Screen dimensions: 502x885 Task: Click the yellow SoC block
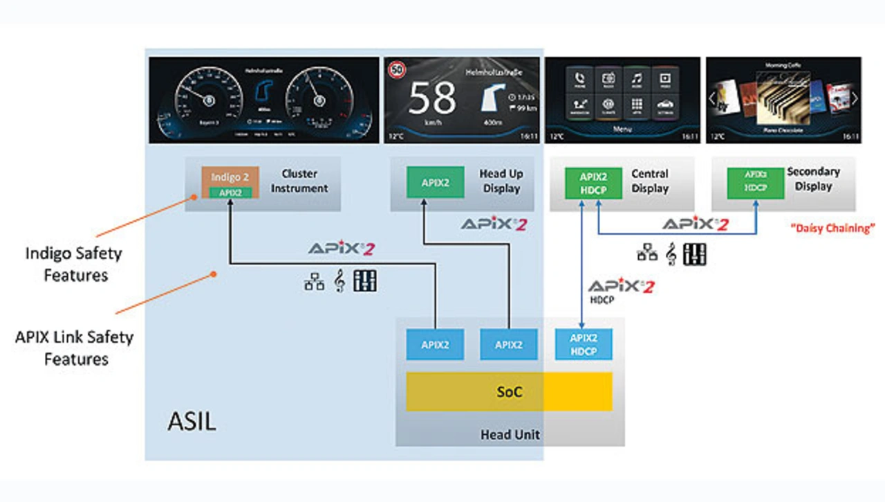pyautogui.click(x=509, y=392)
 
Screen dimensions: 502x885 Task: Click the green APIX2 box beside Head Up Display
pyautogui.click(x=436, y=183)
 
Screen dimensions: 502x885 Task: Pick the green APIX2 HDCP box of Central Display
pyautogui.click(x=593, y=183)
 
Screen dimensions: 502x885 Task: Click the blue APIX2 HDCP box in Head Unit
pyautogui.click(x=584, y=344)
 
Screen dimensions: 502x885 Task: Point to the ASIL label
pyautogui.click(x=192, y=422)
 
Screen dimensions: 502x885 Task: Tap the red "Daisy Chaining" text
pyautogui.click(x=833, y=228)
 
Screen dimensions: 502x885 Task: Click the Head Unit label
pyautogui.click(x=510, y=436)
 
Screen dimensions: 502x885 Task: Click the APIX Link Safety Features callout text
pyautogui.click(x=74, y=348)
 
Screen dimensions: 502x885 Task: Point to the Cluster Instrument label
pyautogui.click(x=299, y=181)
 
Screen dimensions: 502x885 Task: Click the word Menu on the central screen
pyautogui.click(x=623, y=129)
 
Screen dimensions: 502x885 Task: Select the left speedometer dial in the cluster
pyautogui.click(x=208, y=98)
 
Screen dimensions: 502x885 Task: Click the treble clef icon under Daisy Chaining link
pyautogui.click(x=670, y=254)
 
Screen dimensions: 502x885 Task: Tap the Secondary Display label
pyautogui.click(x=813, y=179)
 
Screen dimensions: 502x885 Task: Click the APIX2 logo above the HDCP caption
pyautogui.click(x=620, y=285)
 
